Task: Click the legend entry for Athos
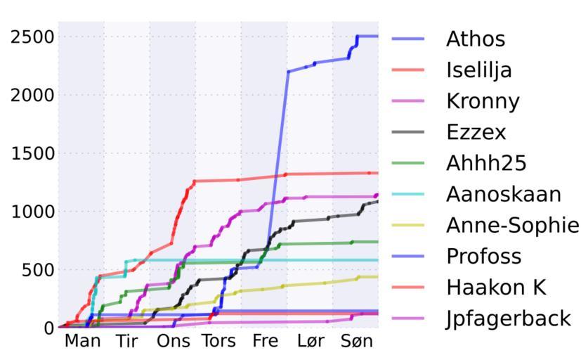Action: [475, 39]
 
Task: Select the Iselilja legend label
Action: [478, 70]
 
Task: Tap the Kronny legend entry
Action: [483, 101]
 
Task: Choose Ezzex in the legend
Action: [476, 132]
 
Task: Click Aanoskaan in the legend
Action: [503, 194]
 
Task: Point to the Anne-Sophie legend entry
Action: [512, 225]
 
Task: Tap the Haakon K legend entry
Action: [495, 287]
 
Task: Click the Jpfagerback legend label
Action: [508, 319]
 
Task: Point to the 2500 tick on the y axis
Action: [32, 37]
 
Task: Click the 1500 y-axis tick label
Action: [32, 153]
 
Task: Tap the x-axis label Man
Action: [82, 342]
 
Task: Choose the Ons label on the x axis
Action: [174, 342]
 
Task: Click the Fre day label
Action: [265, 342]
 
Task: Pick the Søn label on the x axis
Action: [356, 342]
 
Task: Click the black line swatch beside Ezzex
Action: [407, 132]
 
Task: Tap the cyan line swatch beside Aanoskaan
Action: [407, 194]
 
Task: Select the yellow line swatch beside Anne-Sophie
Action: [407, 225]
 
